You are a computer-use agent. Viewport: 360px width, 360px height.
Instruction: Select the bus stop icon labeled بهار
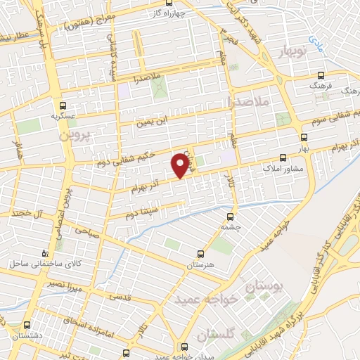[x=304, y=137]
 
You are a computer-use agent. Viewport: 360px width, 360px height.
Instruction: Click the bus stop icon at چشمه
[x=231, y=216]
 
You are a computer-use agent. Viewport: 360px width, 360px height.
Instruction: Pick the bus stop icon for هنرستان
[x=201, y=254]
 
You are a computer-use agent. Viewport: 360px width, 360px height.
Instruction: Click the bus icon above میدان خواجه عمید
[x=185, y=346]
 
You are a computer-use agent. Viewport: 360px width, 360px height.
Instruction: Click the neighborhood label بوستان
[x=264, y=288]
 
